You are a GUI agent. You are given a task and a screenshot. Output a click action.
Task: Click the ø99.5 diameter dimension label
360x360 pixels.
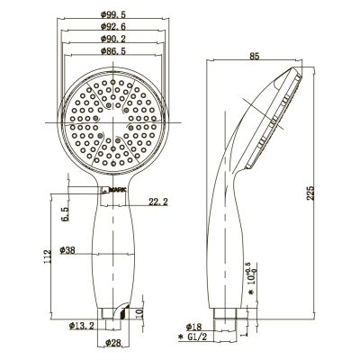113,13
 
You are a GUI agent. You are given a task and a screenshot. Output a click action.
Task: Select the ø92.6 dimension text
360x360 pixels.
113,26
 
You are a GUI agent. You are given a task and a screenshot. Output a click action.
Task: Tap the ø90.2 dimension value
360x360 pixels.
113,39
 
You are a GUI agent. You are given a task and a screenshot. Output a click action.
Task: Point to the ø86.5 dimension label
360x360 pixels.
113,51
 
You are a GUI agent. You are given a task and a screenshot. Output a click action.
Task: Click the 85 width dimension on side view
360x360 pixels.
254,56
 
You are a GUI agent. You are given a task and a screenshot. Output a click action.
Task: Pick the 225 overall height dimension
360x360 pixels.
310,193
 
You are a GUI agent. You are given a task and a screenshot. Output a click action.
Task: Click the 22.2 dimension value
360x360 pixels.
158,202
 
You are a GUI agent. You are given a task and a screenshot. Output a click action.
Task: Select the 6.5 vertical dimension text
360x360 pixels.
65,214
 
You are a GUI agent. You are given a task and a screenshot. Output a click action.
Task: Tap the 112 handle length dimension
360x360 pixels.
47,256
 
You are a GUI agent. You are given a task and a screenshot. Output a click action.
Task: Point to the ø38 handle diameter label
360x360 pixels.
67,250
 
